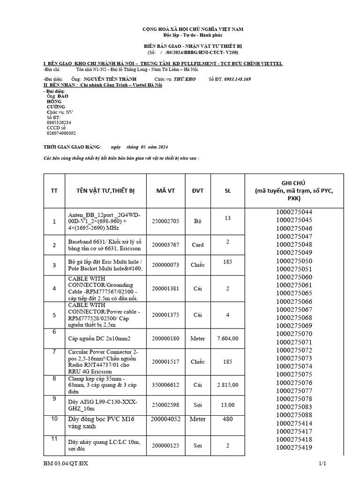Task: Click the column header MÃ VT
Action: pos(165,191)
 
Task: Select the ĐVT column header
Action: pos(197,191)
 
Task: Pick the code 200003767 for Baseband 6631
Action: pos(165,245)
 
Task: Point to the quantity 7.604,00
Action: pos(228,338)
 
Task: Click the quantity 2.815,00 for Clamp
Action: pos(228,385)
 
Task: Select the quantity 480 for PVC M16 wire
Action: pos(228,419)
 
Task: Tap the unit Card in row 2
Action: pos(197,245)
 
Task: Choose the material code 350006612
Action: pos(165,385)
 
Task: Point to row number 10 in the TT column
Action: pos(54,418)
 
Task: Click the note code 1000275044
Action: pos(294,212)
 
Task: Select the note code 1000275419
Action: pos(294,447)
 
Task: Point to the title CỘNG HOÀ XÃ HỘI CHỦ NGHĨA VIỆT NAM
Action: pos(193,29)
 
